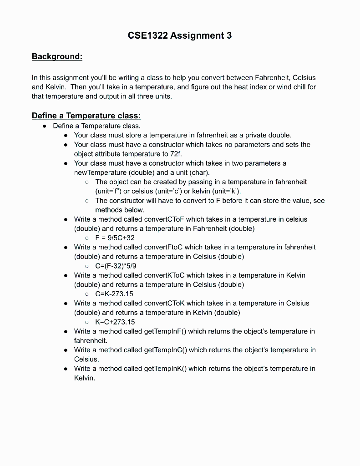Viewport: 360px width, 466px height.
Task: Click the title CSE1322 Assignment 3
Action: point(180,35)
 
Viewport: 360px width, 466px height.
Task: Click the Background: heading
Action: point(57,56)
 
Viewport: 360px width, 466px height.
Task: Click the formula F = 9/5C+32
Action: point(115,238)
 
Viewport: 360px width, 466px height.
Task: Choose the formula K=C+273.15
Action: point(115,322)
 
